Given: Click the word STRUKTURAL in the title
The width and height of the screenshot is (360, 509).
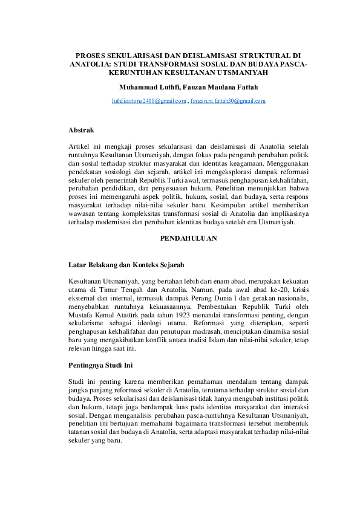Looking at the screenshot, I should pos(257,55).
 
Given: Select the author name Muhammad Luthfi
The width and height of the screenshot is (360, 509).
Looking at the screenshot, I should pos(145,88).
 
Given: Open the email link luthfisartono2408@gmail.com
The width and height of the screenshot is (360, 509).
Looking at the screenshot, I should pos(149,101).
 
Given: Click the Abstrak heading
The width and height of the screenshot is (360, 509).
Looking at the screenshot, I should pos(81,130).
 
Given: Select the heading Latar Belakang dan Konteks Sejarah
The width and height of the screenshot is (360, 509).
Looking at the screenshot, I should pos(126,265).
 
